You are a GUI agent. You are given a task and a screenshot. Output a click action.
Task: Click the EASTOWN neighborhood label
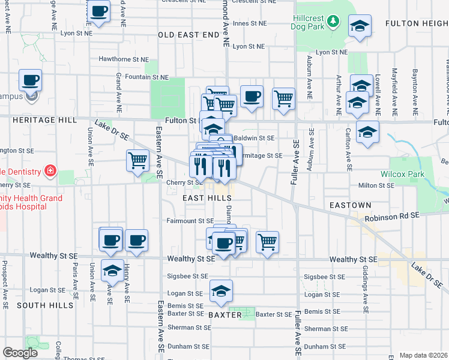coord(351,205)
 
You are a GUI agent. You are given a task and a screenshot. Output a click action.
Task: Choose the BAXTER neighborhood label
coord(224,314)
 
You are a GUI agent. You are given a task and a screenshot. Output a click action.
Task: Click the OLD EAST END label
coord(188,35)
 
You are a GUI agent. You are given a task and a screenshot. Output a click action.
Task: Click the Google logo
coord(20,353)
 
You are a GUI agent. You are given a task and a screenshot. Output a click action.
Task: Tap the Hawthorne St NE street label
coord(124,59)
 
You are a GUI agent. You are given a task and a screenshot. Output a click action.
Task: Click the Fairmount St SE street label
coord(190,221)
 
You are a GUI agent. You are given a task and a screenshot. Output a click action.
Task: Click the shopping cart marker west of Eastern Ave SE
coord(137,161)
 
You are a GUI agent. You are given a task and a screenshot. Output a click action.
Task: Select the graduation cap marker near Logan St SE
coord(221,292)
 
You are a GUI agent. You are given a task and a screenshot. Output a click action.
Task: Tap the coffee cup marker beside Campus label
coord(30,80)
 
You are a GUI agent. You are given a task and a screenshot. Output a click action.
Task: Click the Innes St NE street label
coord(249,24)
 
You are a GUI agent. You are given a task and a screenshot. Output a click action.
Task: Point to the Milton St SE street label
coord(376,186)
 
